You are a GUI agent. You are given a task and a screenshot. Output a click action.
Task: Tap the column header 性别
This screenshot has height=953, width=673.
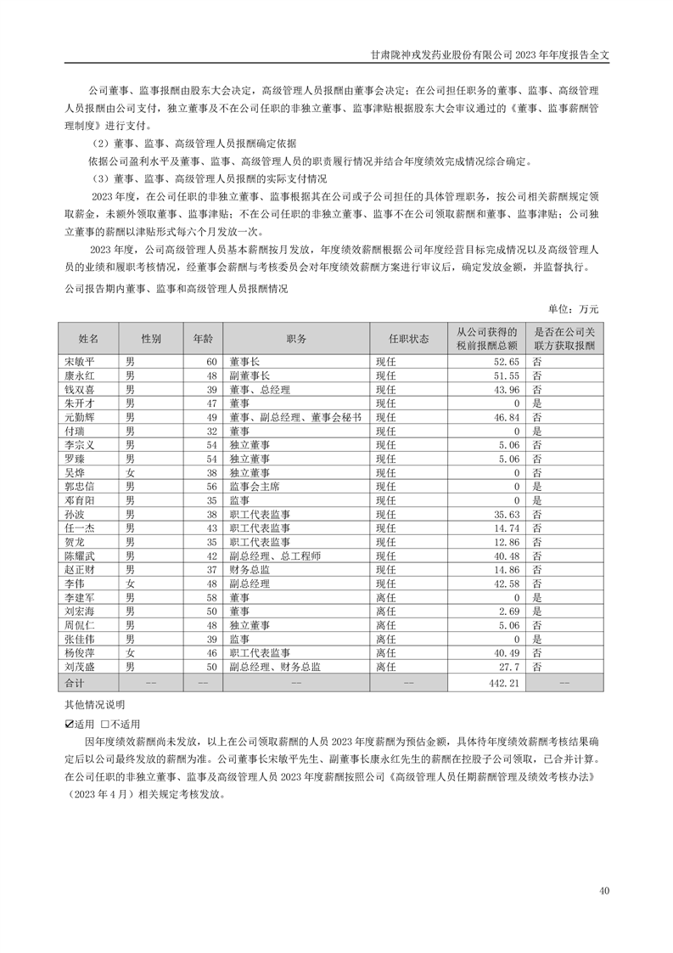(x=152, y=338)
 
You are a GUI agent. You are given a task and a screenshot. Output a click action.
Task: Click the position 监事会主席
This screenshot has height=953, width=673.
(x=254, y=486)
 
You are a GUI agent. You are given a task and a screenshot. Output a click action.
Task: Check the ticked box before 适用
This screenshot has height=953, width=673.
(x=69, y=725)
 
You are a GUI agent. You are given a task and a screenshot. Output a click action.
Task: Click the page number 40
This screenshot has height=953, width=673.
(x=603, y=891)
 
